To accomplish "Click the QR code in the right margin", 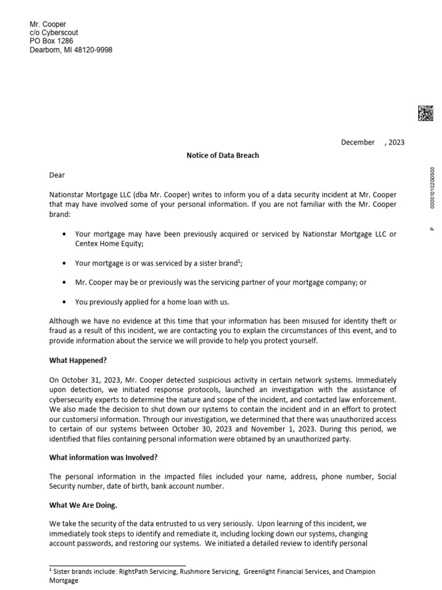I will (425, 114).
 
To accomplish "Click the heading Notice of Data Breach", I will (223, 156).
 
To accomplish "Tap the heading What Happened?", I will (78, 361).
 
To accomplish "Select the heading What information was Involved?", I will (103, 457).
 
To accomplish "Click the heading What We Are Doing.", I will (83, 505).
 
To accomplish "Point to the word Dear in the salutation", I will (57, 175).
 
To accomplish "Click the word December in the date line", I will (357, 142).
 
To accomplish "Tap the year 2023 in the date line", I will (396, 142).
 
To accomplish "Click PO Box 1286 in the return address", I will (51, 41).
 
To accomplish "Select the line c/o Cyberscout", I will (54, 33).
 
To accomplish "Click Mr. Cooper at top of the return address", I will (48, 24).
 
